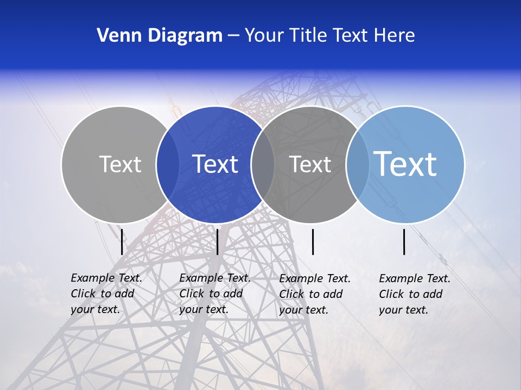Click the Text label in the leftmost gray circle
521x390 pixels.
point(120,164)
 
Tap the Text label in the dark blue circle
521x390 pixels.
point(215,164)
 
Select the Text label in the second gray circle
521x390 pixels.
point(310,164)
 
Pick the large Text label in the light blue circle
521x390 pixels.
point(405,164)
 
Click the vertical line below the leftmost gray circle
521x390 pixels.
point(122,242)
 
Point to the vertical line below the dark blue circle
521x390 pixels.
point(217,242)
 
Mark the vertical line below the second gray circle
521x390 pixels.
point(313,242)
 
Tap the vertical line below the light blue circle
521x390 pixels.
point(404,242)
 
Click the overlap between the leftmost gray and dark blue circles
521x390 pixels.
point(168,164)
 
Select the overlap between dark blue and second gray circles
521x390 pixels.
point(263,164)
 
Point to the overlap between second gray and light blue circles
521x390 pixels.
point(357,164)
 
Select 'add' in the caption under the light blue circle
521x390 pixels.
point(434,294)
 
